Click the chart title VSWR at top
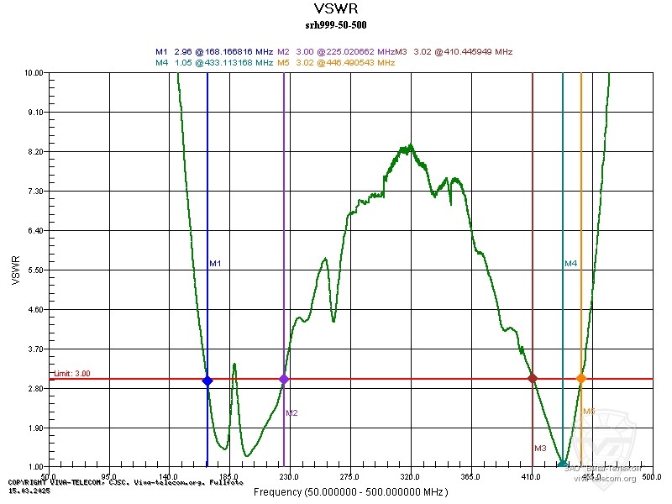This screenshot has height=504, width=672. (335, 8)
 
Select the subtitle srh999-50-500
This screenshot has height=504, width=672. (335, 24)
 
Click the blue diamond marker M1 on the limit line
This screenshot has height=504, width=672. (207, 381)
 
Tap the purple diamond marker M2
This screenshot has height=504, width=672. (284, 379)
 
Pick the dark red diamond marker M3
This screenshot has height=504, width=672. (533, 379)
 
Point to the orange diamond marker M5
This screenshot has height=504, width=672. (580, 379)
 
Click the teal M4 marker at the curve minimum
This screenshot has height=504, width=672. (563, 465)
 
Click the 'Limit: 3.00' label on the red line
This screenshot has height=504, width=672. (72, 374)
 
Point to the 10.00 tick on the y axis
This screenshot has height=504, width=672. (34, 73)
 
